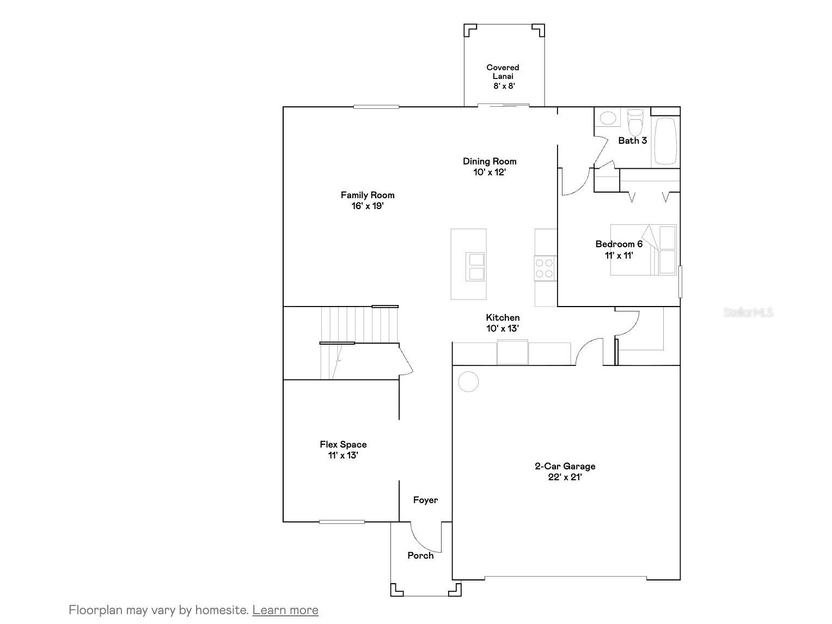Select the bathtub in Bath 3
[x=665, y=140]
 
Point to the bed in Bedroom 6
[x=643, y=249]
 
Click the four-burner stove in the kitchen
[x=545, y=268]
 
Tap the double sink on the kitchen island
[x=475, y=267]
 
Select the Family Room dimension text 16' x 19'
[x=368, y=206]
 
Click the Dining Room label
[x=490, y=161]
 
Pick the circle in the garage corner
[x=468, y=382]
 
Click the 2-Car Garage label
[x=565, y=466]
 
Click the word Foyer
[x=425, y=500]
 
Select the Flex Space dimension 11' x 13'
[x=343, y=455]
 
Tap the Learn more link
[x=285, y=610]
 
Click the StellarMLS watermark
[x=748, y=312]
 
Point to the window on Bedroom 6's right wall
[x=680, y=282]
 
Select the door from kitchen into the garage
[x=588, y=351]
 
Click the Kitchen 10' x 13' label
[x=503, y=323]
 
